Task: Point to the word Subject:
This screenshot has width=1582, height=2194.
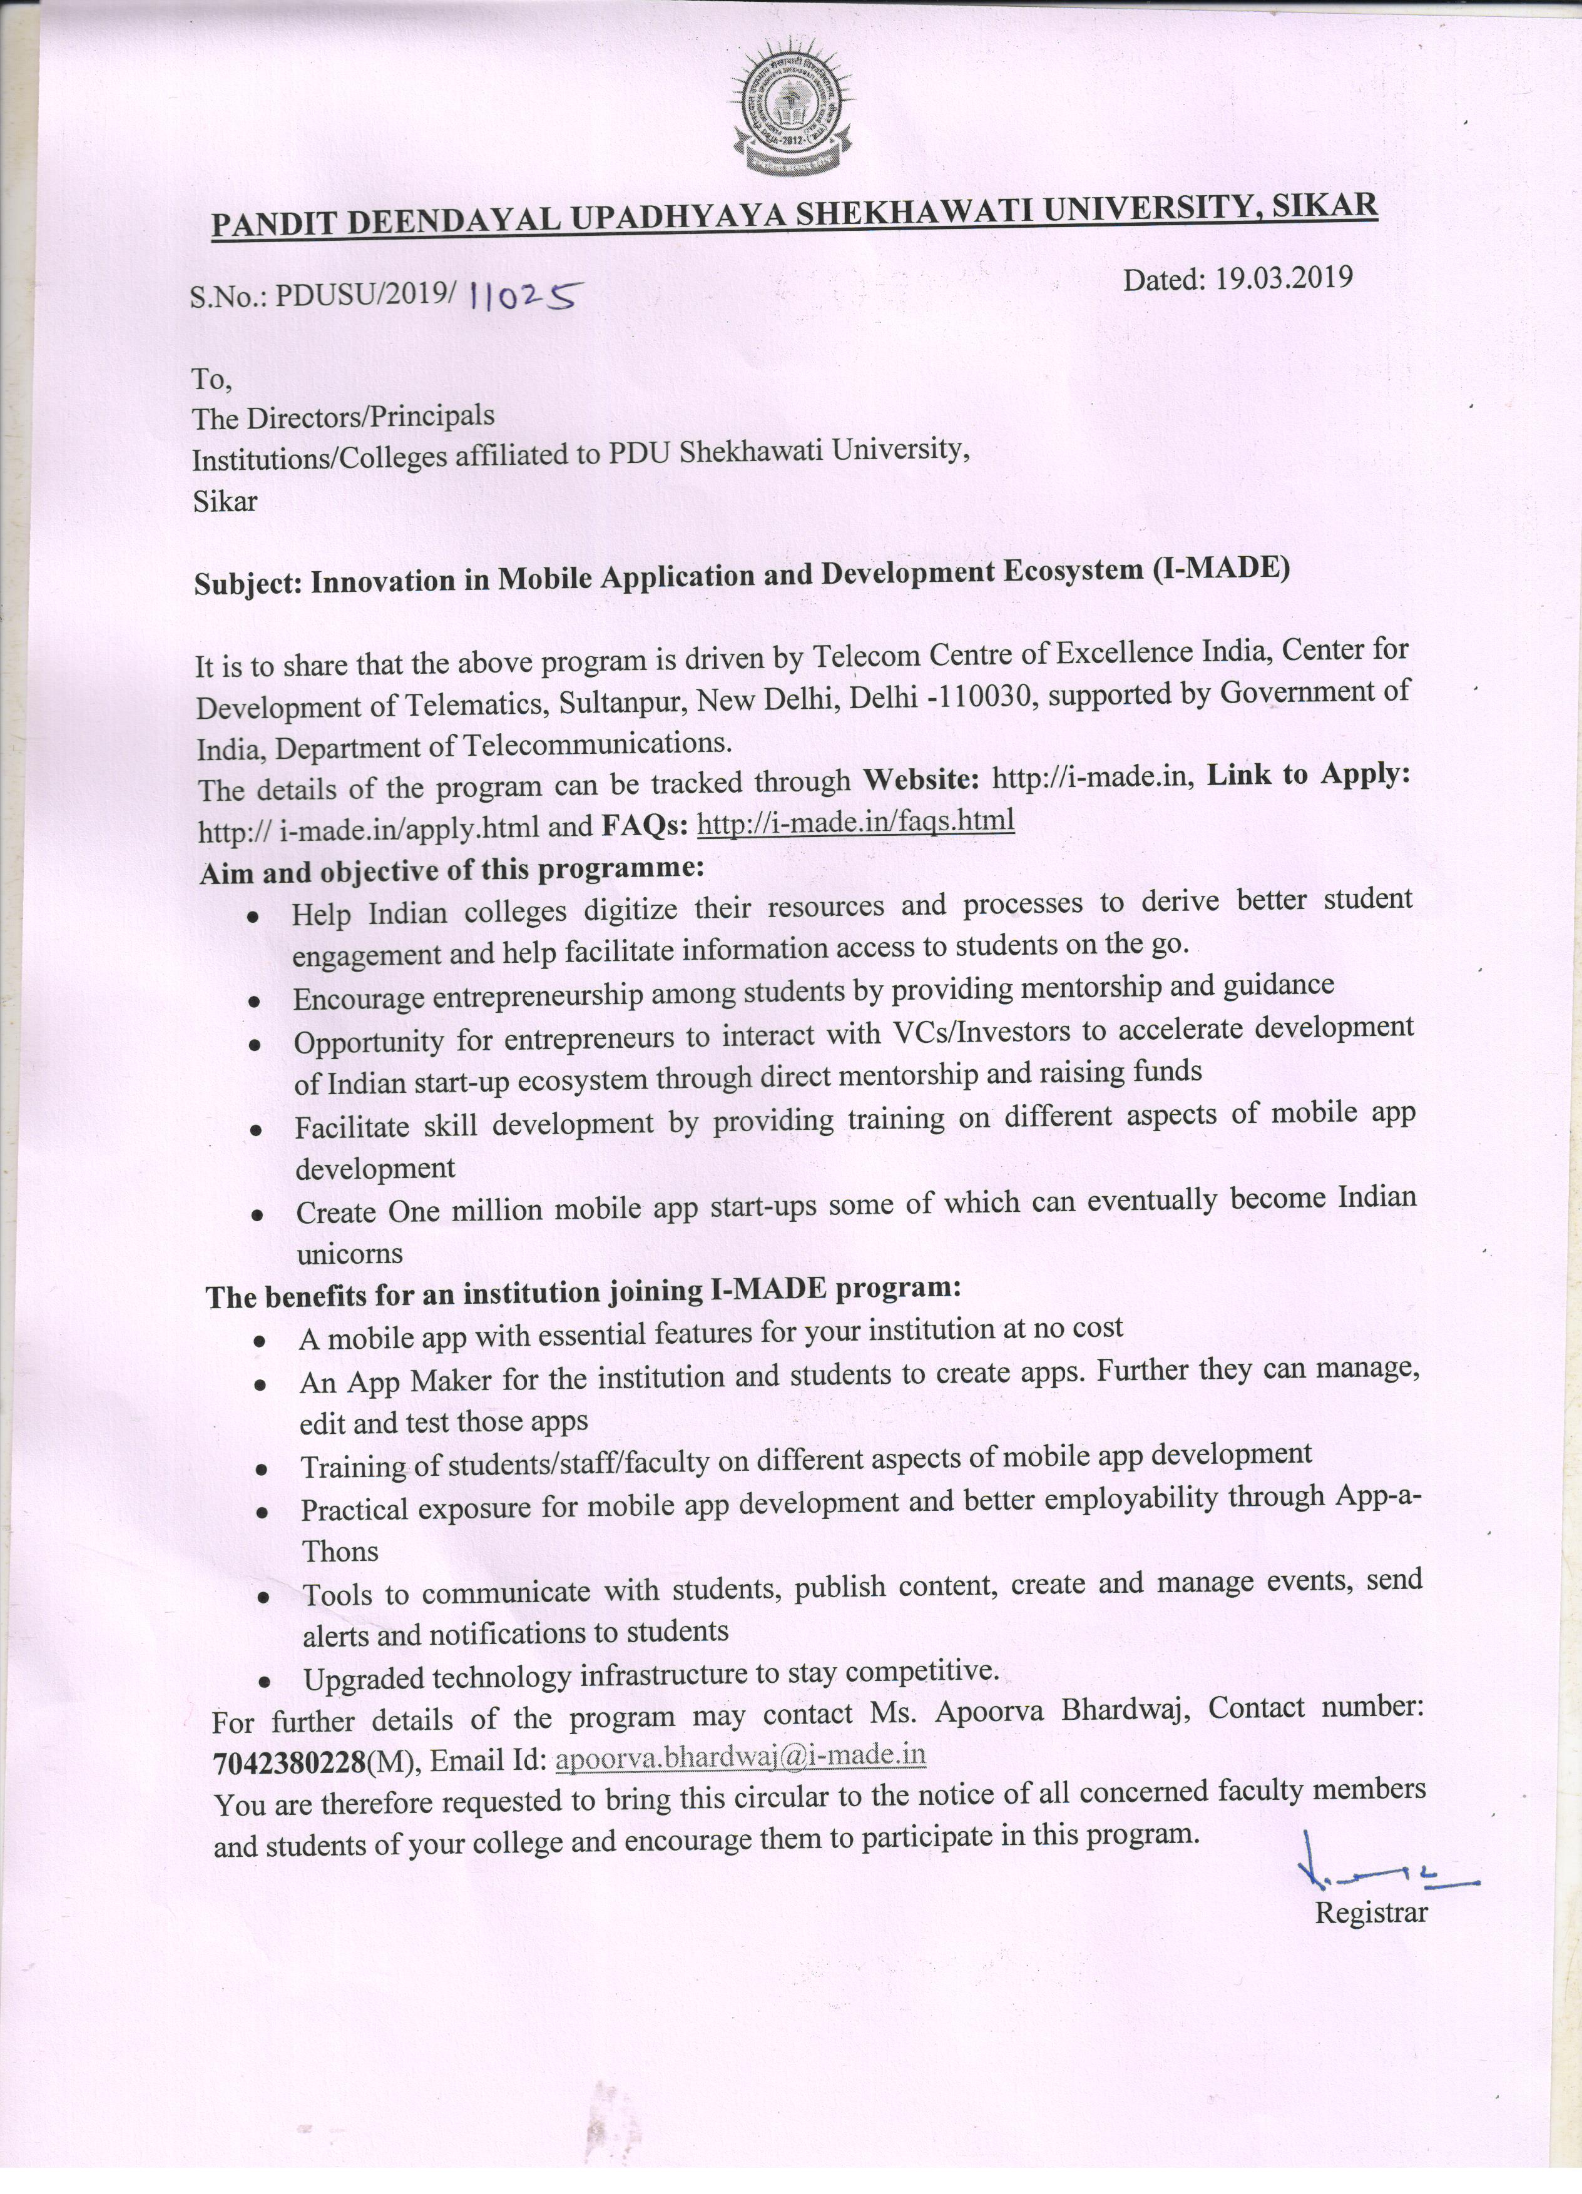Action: (x=250, y=582)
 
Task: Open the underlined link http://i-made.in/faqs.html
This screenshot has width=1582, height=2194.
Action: (x=855, y=821)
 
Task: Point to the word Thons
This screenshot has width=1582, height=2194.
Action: (x=340, y=1551)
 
